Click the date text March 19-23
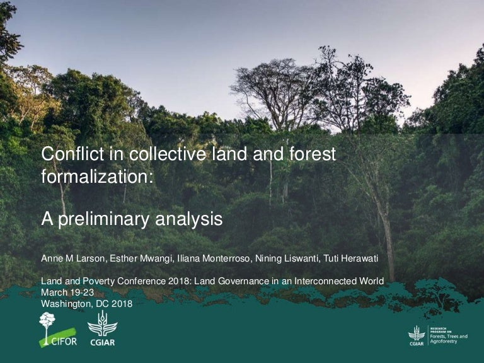[x=67, y=292]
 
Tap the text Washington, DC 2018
[x=86, y=303]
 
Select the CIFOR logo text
[x=63, y=340]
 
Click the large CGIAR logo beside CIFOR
[x=101, y=331]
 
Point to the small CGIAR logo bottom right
[x=417, y=335]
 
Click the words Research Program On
[x=439, y=330]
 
